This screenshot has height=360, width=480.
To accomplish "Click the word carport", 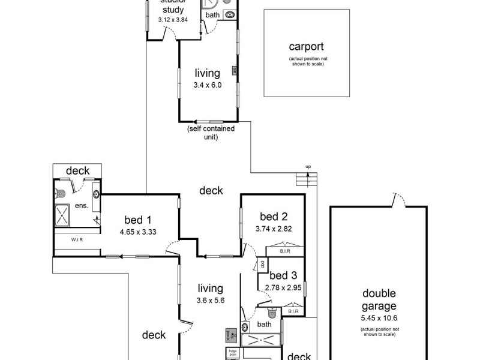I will click(306, 47).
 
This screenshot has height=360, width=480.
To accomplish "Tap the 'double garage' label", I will click(379, 299).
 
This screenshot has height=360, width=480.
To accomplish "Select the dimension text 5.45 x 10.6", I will click(379, 318).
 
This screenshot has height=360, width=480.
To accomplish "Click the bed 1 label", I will click(138, 219).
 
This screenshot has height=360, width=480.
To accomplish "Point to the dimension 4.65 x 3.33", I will click(138, 231).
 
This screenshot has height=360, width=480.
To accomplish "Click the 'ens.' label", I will click(82, 206).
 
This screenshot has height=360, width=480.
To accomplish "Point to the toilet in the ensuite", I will click(59, 193).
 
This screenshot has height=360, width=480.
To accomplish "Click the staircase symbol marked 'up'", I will click(306, 178).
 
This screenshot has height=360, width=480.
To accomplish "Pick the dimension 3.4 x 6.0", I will click(208, 85).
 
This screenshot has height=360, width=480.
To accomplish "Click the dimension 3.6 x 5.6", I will click(209, 301).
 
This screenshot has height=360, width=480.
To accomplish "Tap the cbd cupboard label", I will click(263, 265).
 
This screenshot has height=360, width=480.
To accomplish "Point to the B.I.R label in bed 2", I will click(286, 252).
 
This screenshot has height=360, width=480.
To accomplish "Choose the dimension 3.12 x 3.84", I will click(173, 19).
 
